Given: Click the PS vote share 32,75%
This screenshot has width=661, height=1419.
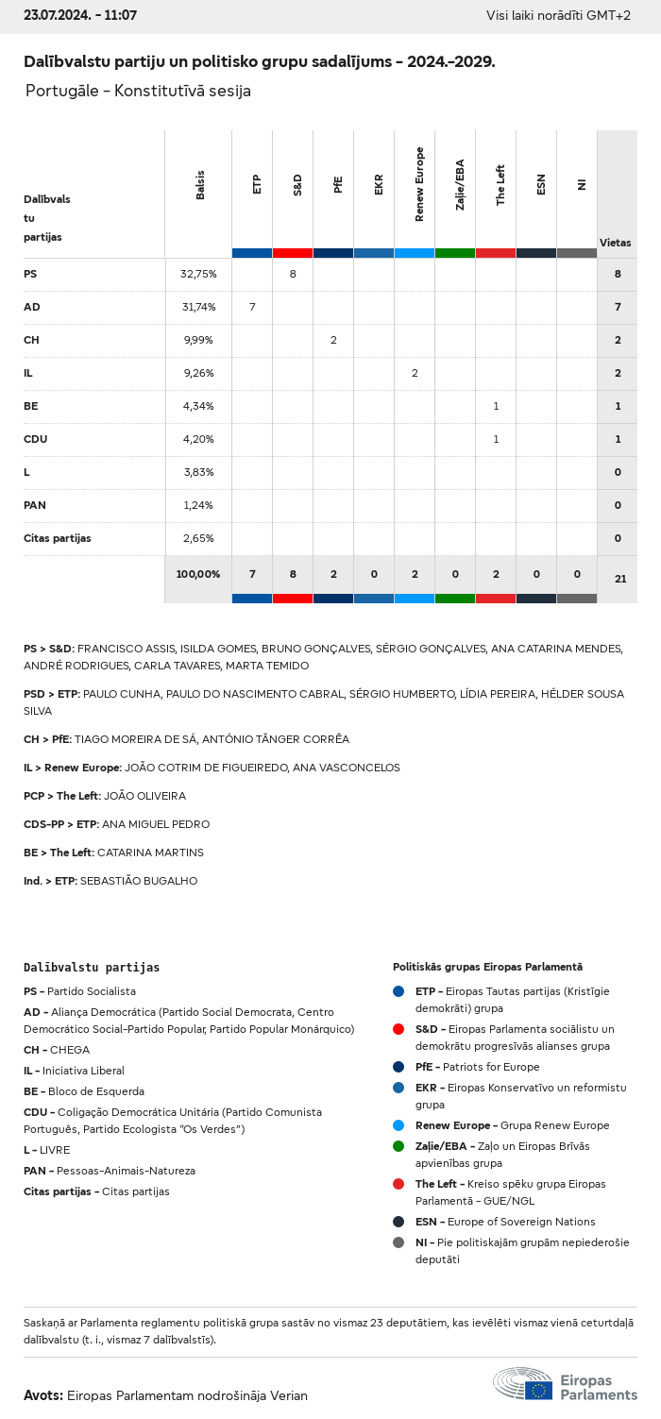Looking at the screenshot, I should pyautogui.click(x=198, y=274).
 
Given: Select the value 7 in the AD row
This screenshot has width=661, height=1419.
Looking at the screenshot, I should pyautogui.click(x=252, y=307).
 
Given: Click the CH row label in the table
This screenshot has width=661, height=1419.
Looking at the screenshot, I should pyautogui.click(x=30, y=340).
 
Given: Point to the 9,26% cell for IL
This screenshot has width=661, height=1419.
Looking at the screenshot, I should pyautogui.click(x=198, y=373).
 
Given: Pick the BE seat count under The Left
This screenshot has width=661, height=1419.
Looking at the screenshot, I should pyautogui.click(x=496, y=406).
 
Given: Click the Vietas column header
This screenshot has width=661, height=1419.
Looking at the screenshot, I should pyautogui.click(x=616, y=243).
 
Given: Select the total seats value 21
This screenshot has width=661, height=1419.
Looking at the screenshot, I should pyautogui.click(x=620, y=579).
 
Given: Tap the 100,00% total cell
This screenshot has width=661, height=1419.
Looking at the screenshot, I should pyautogui.click(x=198, y=574).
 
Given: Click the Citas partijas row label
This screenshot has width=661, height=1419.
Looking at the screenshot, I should pyautogui.click(x=58, y=538).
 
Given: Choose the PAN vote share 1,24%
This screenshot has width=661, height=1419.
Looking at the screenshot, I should pyautogui.click(x=198, y=505).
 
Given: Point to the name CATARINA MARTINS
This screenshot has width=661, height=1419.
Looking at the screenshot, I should pyautogui.click(x=150, y=853).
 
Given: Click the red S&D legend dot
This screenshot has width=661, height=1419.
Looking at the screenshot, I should pyautogui.click(x=398, y=1029).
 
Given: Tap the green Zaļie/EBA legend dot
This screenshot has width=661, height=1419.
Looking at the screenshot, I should pyautogui.click(x=398, y=1146).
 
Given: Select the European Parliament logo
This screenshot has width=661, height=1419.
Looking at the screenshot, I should pyautogui.click(x=565, y=1384).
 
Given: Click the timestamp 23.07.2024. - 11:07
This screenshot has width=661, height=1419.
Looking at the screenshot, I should pyautogui.click(x=80, y=16).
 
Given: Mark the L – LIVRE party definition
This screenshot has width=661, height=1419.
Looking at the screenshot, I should pyautogui.click(x=47, y=1150).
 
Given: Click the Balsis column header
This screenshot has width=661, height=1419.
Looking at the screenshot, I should pyautogui.click(x=200, y=184).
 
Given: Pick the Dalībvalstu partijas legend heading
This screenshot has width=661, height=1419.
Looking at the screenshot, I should pyautogui.click(x=92, y=968).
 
